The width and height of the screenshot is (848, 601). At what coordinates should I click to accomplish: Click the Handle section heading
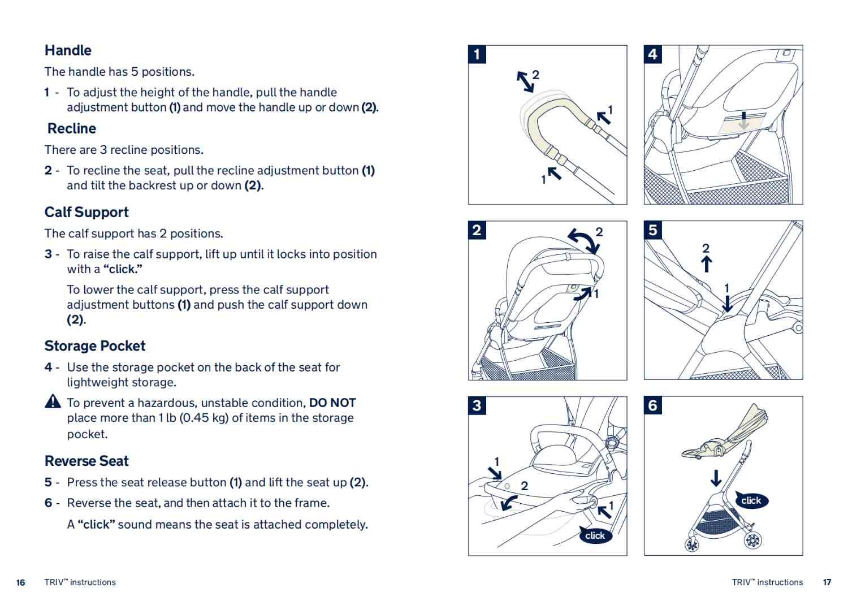click(68, 50)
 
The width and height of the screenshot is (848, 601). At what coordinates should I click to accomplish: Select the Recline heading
click(72, 128)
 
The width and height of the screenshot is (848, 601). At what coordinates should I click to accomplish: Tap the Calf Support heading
click(86, 212)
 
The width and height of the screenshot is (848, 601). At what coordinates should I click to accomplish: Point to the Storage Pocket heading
click(95, 346)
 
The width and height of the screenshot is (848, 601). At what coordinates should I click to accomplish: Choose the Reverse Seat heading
click(86, 461)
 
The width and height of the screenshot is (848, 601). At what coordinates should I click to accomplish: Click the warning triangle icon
click(53, 401)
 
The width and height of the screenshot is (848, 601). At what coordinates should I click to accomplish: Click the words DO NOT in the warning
click(332, 403)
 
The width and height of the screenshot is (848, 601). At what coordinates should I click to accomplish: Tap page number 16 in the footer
click(21, 582)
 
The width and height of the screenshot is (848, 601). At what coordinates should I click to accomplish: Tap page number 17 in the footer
click(827, 582)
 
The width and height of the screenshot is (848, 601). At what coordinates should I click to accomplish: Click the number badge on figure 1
click(477, 54)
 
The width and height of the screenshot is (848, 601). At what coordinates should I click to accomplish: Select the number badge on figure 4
click(653, 54)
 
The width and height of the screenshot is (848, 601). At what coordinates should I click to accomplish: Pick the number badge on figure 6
click(653, 405)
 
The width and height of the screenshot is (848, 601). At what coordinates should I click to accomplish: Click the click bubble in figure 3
click(595, 535)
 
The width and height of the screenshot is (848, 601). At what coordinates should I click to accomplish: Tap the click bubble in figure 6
click(751, 500)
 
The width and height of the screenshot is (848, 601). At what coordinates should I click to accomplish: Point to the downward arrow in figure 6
click(716, 478)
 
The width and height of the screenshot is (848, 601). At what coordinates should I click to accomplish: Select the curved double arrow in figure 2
click(584, 241)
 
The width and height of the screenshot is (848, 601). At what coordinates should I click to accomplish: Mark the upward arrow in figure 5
click(706, 264)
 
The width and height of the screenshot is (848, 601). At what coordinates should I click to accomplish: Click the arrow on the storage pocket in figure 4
click(744, 120)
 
